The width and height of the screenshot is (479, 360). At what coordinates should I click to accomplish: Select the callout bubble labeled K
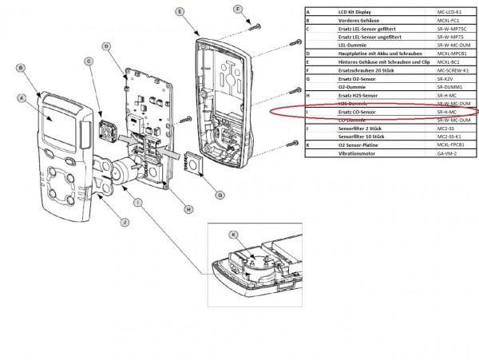[234, 235]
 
